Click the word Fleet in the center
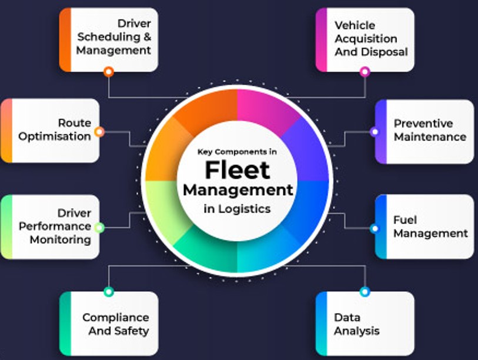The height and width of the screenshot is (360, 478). (x=237, y=170)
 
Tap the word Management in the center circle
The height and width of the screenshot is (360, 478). (x=238, y=190)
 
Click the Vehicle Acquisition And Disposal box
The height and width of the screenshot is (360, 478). (x=365, y=39)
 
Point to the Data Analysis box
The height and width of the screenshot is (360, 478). (x=365, y=324)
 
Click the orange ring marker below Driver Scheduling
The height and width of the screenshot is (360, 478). (x=109, y=72)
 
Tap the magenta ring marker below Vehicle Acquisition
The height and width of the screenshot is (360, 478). (x=365, y=72)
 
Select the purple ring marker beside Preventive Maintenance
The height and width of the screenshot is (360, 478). (x=375, y=132)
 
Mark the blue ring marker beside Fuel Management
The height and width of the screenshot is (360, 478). (x=375, y=228)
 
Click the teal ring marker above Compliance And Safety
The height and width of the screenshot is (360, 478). (x=109, y=291)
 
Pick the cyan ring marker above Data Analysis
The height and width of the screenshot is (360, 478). (x=365, y=291)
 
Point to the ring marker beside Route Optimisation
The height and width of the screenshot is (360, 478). (x=99, y=132)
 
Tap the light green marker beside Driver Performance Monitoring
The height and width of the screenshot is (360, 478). (x=99, y=228)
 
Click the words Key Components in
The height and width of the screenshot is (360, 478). (x=237, y=151)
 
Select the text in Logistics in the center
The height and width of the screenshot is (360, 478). (x=237, y=208)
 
